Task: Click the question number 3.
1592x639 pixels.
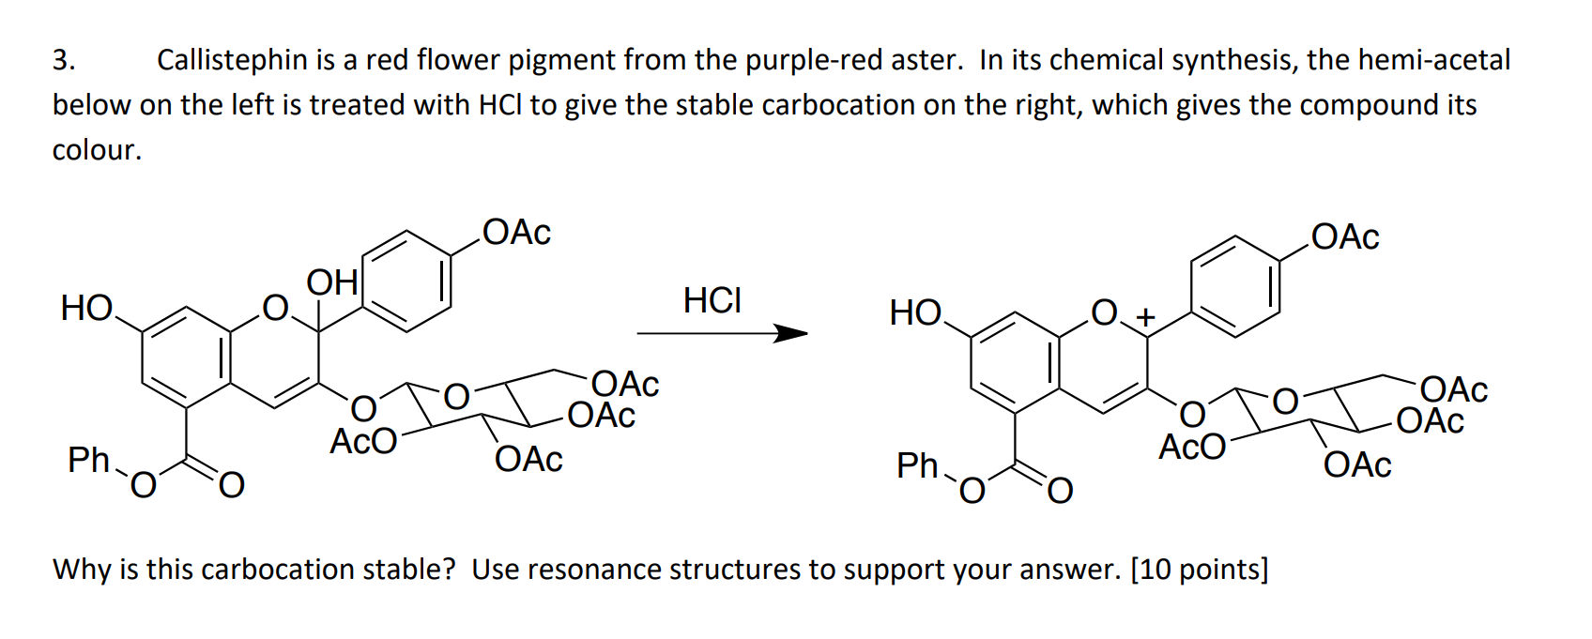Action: [x=63, y=60]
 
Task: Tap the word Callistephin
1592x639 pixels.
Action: [x=232, y=60]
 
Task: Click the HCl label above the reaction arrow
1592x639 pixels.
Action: [x=712, y=300]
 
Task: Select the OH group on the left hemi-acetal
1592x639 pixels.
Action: [x=331, y=281]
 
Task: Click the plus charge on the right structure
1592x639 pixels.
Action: [x=1143, y=318]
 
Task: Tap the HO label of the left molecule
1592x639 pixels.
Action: [x=86, y=308]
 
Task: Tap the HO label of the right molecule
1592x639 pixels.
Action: [x=915, y=312]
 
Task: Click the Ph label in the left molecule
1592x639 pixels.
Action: [x=89, y=460]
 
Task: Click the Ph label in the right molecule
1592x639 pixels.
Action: [x=917, y=464]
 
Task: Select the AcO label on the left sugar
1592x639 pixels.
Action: [x=362, y=441]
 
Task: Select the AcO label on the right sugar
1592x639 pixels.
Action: [x=1191, y=447]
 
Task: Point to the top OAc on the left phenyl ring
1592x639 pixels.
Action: [x=516, y=233]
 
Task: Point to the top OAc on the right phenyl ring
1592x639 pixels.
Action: [x=1345, y=237]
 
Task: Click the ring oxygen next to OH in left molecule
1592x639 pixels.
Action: [x=274, y=307]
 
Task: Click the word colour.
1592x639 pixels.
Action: [x=97, y=150]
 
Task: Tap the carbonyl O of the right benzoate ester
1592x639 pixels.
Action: [x=1059, y=490]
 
